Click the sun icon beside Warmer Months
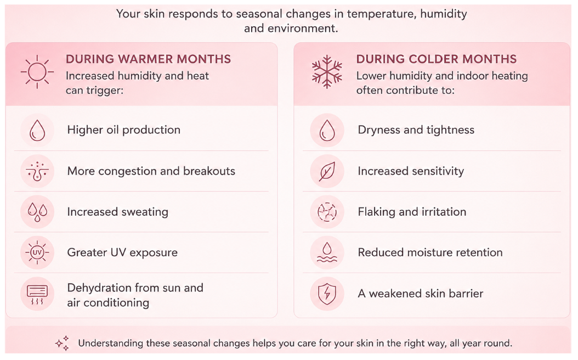coord(37,72)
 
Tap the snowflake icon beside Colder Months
coord(327,72)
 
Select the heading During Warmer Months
coord(148,59)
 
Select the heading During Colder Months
coord(437,59)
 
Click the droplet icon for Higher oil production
coord(37,130)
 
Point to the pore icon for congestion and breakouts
coord(37,172)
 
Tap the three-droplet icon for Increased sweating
coord(37,212)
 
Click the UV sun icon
coord(37,252)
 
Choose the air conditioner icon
coord(37,295)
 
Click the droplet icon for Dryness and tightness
coord(327,130)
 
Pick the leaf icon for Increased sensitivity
coord(327,172)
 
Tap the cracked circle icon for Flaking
coord(327,212)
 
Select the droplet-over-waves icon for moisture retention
coord(327,252)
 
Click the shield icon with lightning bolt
coord(327,294)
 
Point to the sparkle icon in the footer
coord(63,343)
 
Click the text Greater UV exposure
coord(122,252)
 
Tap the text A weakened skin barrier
coord(421,294)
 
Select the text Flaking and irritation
coord(412,212)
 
